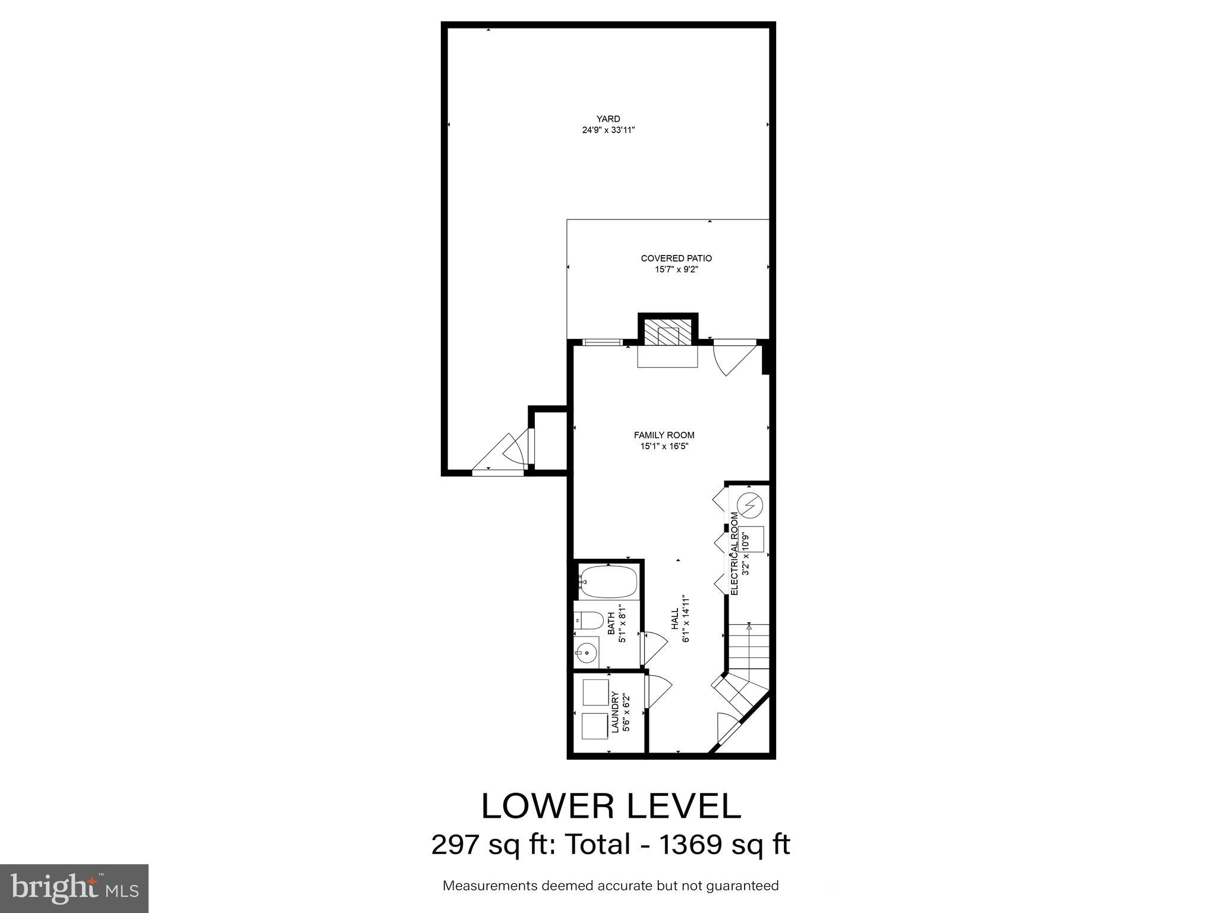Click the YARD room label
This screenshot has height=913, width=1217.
click(x=608, y=119)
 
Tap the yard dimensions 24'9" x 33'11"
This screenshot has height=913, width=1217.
click(x=608, y=130)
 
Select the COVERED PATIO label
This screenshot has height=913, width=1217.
click(x=676, y=259)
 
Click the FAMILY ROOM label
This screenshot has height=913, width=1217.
click(x=664, y=435)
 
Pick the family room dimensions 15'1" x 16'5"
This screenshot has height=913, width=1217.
click(x=664, y=446)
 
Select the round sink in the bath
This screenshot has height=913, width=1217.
click(x=587, y=654)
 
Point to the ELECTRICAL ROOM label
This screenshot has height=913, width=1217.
click(x=734, y=553)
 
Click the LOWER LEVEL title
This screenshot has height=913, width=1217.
click(x=611, y=807)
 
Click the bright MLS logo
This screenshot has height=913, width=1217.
click(x=74, y=889)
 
